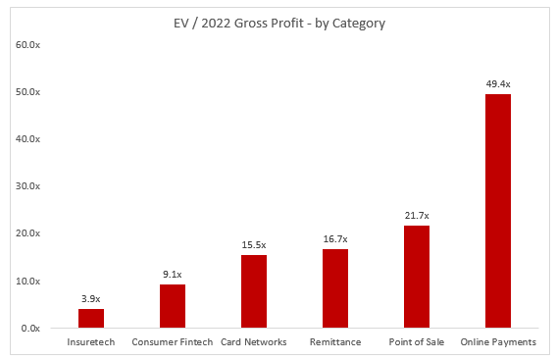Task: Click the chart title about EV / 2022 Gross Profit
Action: [x=279, y=24]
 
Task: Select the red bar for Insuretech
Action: [x=91, y=318]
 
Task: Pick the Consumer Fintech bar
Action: [x=173, y=306]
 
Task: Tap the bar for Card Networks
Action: [x=254, y=291]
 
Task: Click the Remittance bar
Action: [x=335, y=288]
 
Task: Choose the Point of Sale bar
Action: [x=417, y=277]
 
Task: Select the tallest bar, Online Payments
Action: [x=498, y=211]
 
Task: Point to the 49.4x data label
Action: [x=498, y=84]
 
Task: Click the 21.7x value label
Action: [x=417, y=215]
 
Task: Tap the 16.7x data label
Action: [x=335, y=239]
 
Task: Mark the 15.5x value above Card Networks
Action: [x=254, y=244]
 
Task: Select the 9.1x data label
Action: [x=173, y=274]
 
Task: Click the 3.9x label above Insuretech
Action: [x=91, y=298]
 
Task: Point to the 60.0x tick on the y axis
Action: [x=27, y=45]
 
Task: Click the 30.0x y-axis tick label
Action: [x=27, y=185]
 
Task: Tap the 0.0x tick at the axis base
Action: [x=30, y=328]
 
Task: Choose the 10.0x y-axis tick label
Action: [x=27, y=281]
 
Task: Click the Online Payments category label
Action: [x=498, y=342]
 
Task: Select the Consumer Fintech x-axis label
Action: [x=173, y=342]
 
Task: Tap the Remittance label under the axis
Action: [x=335, y=342]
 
